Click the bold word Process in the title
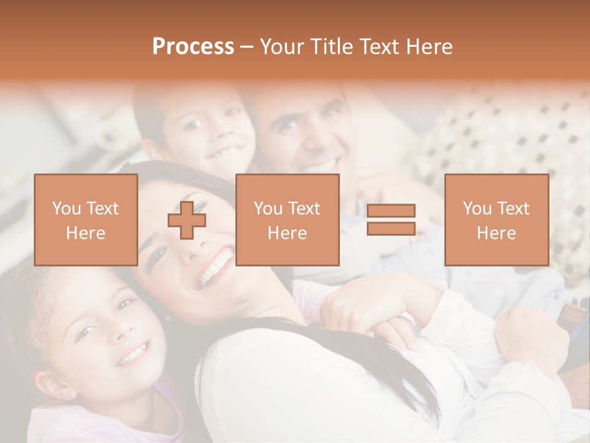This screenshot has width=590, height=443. [193, 47]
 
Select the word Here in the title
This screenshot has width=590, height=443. [428, 47]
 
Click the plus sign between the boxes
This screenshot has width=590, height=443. [187, 220]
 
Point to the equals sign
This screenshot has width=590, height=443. [391, 220]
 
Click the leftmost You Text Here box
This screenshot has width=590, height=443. [85, 220]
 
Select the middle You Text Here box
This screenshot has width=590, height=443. [287, 220]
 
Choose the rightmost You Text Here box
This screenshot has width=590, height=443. [496, 220]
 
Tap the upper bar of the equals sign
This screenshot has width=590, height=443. [391, 211]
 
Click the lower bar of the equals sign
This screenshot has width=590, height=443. [391, 228]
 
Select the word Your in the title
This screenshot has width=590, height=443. [282, 47]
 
